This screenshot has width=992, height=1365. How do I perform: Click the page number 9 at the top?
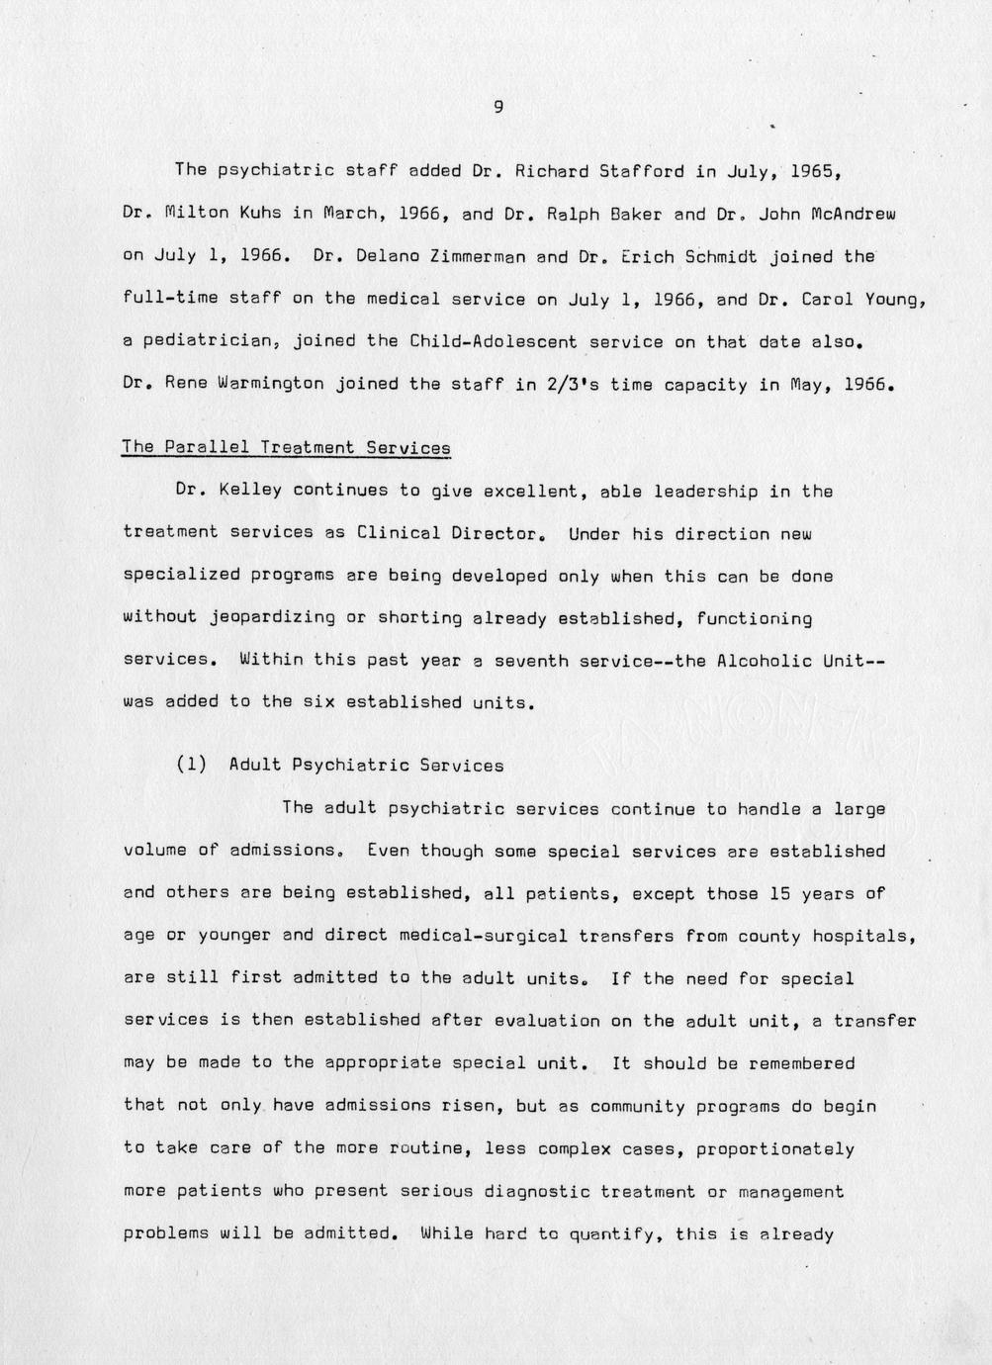497,108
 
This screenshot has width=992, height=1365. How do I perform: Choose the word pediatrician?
203,341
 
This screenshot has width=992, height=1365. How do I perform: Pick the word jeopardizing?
272,618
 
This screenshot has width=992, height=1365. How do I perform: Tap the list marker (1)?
192,765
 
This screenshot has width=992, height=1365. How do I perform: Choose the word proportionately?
774,1149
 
